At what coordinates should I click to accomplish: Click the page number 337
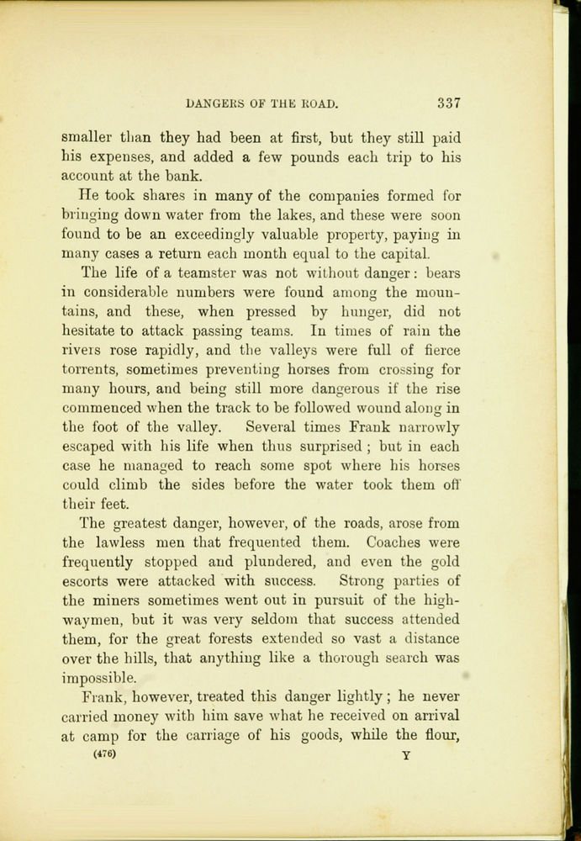[448, 103]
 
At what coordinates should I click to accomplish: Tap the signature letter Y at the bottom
[406, 755]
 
